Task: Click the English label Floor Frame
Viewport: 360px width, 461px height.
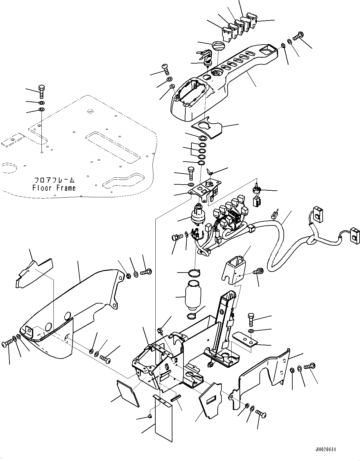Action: click(54, 188)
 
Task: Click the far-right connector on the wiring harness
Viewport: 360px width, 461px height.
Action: click(355, 236)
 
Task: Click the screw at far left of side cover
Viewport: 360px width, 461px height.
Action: click(7, 344)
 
